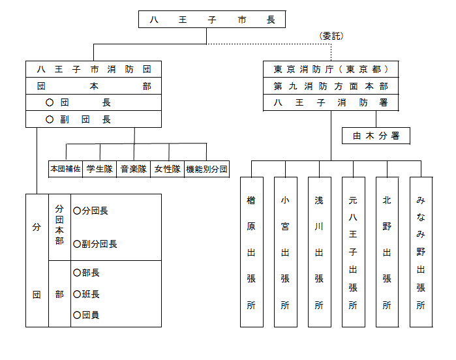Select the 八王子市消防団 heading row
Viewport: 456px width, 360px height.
(93, 69)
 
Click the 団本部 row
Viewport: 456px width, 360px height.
(93, 86)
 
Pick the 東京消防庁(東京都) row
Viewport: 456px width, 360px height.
(331, 69)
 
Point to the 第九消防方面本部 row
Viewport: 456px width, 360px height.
(331, 86)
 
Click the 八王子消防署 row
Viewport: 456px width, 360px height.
(331, 102)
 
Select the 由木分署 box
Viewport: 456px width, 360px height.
(376, 136)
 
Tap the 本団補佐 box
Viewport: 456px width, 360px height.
(65, 169)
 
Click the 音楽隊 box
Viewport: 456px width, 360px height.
(133, 169)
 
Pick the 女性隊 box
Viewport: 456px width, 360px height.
(167, 169)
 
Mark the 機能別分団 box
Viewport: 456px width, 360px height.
(206, 169)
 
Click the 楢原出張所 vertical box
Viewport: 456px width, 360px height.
(251, 251)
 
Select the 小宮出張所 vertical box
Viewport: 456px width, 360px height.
(285, 251)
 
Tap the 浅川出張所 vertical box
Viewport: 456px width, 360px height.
(319, 251)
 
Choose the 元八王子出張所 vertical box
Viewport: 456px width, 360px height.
(353, 251)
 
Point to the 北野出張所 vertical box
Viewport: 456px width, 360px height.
(387, 251)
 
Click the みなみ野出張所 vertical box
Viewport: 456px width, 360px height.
(421, 251)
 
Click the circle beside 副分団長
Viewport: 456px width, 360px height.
(77, 244)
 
